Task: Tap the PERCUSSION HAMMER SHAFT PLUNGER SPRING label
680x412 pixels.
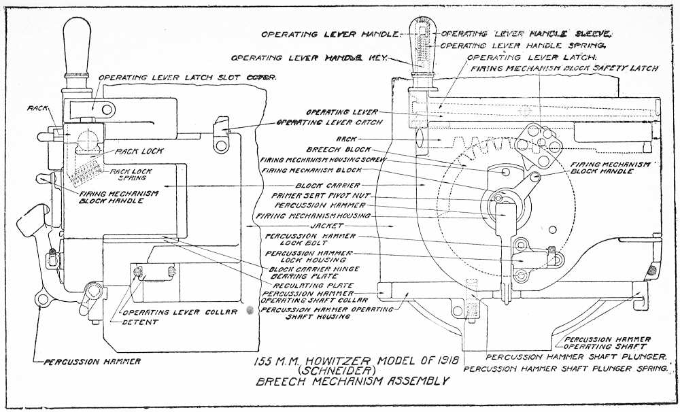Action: [566, 369]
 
